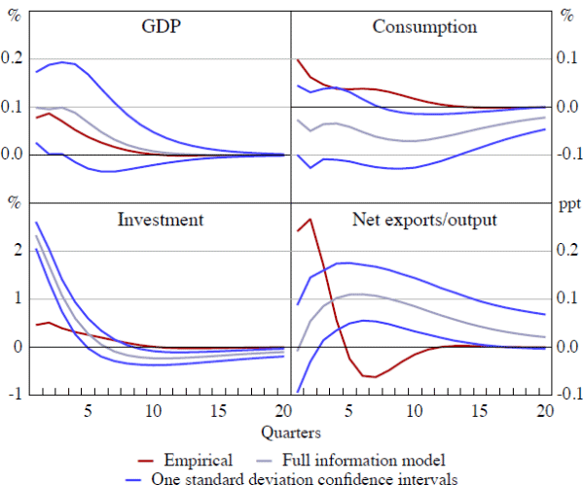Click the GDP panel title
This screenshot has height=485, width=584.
[x=161, y=26]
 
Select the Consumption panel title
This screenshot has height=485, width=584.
[x=424, y=26]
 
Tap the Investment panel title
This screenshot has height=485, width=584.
[x=161, y=219]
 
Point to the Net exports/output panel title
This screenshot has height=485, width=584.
[x=424, y=219]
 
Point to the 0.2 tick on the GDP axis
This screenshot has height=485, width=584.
[x=16, y=58]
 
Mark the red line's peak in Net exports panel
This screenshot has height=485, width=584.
[x=310, y=219]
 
